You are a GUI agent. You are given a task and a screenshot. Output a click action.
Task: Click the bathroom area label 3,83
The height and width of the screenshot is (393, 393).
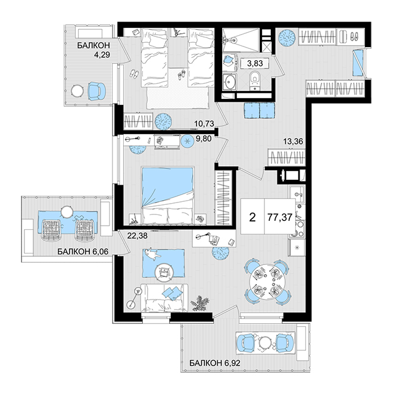tap(255, 63)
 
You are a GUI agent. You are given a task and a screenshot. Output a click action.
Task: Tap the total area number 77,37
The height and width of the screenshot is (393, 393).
tap(280, 217)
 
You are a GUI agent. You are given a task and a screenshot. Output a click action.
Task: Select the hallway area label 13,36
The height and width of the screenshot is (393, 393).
tap(293, 141)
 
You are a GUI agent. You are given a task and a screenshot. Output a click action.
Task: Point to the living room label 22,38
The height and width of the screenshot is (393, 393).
tap(138, 236)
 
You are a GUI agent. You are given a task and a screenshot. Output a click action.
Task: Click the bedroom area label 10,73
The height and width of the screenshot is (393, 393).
tap(204, 123)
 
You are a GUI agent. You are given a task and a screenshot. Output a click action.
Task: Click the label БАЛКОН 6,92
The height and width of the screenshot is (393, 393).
tap(215, 363)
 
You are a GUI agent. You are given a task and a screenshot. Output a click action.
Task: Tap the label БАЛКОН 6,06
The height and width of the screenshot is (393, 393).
tap(83, 251)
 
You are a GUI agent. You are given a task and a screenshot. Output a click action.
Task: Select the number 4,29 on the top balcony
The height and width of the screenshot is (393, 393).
tap(102, 54)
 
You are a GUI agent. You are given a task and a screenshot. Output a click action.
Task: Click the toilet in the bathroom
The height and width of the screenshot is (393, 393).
tap(255, 80)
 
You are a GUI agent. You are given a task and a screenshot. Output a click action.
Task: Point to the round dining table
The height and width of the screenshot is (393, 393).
tap(267, 282)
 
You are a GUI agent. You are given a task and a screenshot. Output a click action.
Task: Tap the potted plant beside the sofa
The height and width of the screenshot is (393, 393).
tap(199, 303)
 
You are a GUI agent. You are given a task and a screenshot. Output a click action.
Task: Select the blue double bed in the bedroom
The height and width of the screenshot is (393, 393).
tap(168, 195)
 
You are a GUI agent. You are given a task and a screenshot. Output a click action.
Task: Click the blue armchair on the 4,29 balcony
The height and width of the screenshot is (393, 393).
tap(96, 92)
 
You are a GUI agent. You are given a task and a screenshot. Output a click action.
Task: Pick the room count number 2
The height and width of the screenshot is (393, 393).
tap(252, 217)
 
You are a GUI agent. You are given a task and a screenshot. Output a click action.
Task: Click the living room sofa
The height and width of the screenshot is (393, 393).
tap(164, 298)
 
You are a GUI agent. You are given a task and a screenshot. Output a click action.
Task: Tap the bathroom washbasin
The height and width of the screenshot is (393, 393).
tap(230, 81)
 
